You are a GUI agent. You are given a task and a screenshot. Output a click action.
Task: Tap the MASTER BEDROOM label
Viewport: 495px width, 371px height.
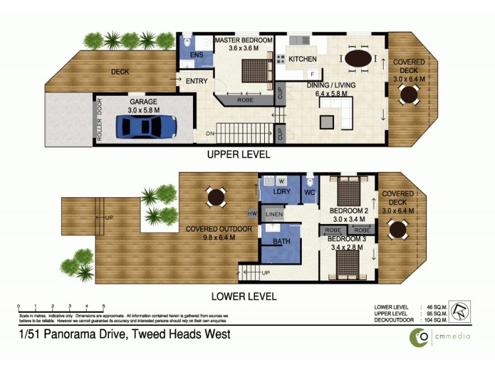[x=243, y=40]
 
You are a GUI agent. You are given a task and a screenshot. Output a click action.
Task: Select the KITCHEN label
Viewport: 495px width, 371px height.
[x=302, y=59]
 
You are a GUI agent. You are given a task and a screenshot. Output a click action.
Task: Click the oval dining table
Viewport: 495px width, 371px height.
[x=358, y=59]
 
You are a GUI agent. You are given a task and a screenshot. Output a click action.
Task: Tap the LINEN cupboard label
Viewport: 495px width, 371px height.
[x=274, y=215]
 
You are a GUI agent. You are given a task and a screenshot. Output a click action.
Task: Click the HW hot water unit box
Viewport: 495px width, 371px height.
[x=252, y=214]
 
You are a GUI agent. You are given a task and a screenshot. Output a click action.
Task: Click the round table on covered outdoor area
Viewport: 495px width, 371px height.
[x=215, y=197]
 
